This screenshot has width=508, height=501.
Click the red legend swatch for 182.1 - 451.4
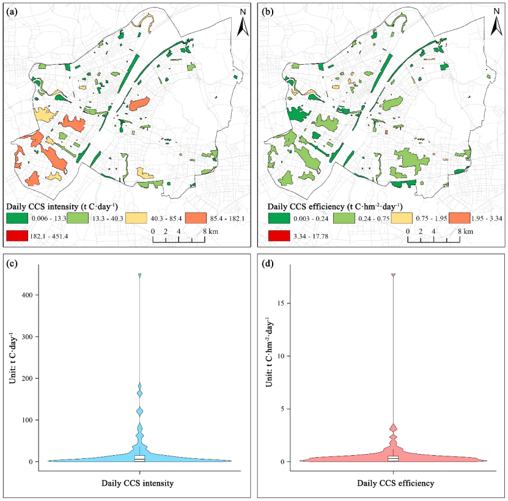pos(17,236)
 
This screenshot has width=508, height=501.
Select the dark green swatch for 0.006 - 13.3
pos(17,218)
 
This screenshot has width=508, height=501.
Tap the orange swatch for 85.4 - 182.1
pos(196,218)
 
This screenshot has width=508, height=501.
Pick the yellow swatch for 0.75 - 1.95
pos(402,218)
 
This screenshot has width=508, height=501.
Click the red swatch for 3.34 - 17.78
pos(279,236)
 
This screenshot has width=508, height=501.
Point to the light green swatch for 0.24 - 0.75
pos(344,218)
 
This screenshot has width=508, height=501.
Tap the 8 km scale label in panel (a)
pos(210,231)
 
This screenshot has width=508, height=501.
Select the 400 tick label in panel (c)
pos(28,295)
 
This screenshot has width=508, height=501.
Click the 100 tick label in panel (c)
pos(28,420)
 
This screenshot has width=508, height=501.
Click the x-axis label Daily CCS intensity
pos(138,483)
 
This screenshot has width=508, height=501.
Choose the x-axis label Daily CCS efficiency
pos(396,483)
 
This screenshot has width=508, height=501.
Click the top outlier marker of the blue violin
pos(139,276)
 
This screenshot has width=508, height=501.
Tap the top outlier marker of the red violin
pos(393,275)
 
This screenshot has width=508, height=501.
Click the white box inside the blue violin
pos(139,458)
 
